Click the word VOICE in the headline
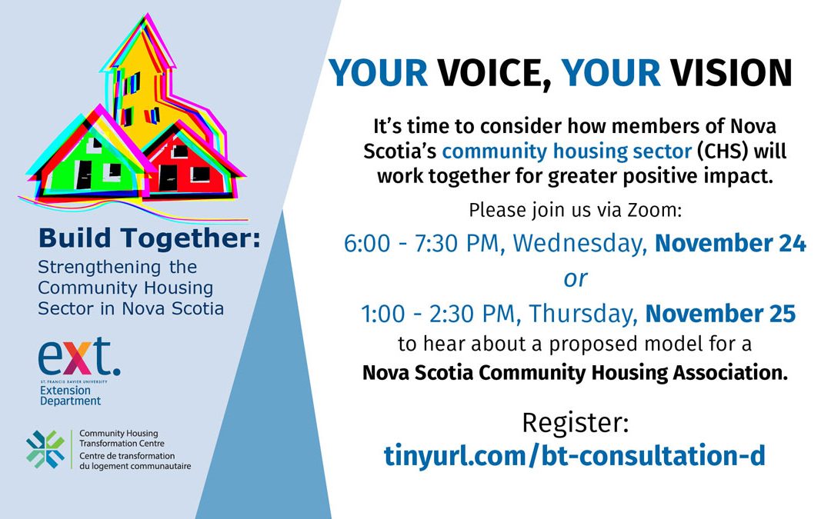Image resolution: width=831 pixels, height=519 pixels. [x=494, y=72]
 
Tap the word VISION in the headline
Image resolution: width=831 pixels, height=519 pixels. [x=731, y=72]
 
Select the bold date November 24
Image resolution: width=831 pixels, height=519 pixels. [x=730, y=243]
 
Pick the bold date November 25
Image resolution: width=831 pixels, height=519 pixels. [x=720, y=314]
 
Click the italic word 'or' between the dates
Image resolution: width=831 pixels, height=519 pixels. [x=576, y=278]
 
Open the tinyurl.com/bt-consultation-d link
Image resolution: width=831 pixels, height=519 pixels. [x=575, y=455]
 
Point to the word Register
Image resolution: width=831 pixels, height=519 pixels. [x=575, y=423]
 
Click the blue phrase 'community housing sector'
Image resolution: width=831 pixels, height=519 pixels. [x=566, y=151]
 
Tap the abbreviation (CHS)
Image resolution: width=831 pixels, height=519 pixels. [x=722, y=151]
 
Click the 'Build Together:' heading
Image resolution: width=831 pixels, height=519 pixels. [x=149, y=238]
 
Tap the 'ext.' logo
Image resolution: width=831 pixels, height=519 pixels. [x=79, y=358]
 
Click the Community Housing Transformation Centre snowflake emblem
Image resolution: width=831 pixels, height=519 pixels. [x=45, y=450]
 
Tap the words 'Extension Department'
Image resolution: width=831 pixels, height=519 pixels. [x=70, y=396]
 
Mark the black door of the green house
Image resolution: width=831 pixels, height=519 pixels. [x=83, y=175]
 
